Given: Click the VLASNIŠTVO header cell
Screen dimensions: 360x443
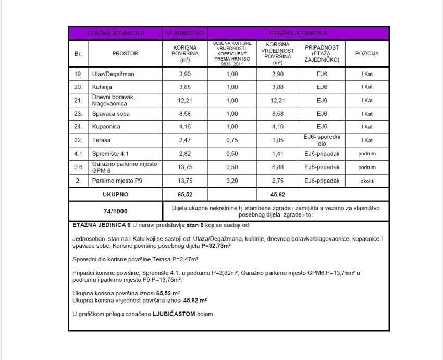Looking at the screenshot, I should click(184, 33).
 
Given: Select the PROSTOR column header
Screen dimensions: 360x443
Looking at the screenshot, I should click(125, 53).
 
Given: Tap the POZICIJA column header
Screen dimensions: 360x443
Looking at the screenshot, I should click(367, 53).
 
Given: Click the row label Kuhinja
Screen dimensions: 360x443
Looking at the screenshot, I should click(103, 87).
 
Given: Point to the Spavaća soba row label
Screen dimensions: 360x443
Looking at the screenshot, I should click(110, 114).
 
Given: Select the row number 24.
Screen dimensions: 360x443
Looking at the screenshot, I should click(78, 127).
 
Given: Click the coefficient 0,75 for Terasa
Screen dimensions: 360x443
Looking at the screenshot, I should click(232, 140).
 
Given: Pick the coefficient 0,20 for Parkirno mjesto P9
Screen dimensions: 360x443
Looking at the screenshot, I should click(232, 181).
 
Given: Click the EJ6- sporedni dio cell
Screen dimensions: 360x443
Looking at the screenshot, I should click(322, 140).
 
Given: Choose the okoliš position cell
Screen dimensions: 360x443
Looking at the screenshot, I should click(367, 181).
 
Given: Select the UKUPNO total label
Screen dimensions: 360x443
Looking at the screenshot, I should click(115, 195).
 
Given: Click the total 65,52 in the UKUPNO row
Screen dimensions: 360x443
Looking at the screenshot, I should click(184, 195).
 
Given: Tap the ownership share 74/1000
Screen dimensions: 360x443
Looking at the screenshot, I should click(115, 211).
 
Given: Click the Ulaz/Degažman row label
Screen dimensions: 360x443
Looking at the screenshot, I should click(113, 74).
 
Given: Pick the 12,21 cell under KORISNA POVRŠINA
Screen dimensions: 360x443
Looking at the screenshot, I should click(184, 100).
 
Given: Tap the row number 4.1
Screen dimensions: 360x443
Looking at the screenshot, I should click(78, 154).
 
